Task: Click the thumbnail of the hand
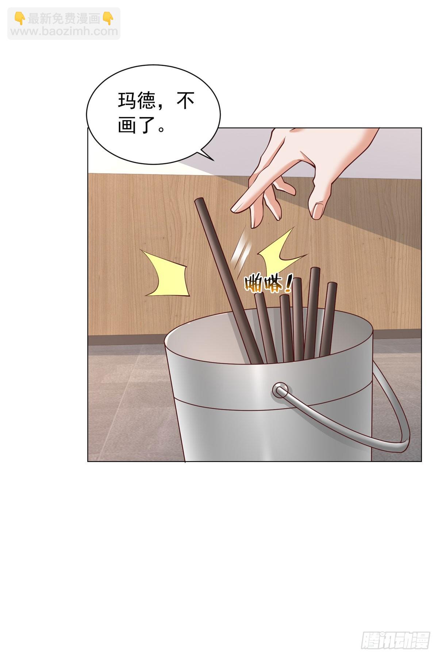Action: coord(318,211)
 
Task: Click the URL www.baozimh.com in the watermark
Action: coord(64,31)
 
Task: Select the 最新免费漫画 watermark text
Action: coord(64,19)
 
